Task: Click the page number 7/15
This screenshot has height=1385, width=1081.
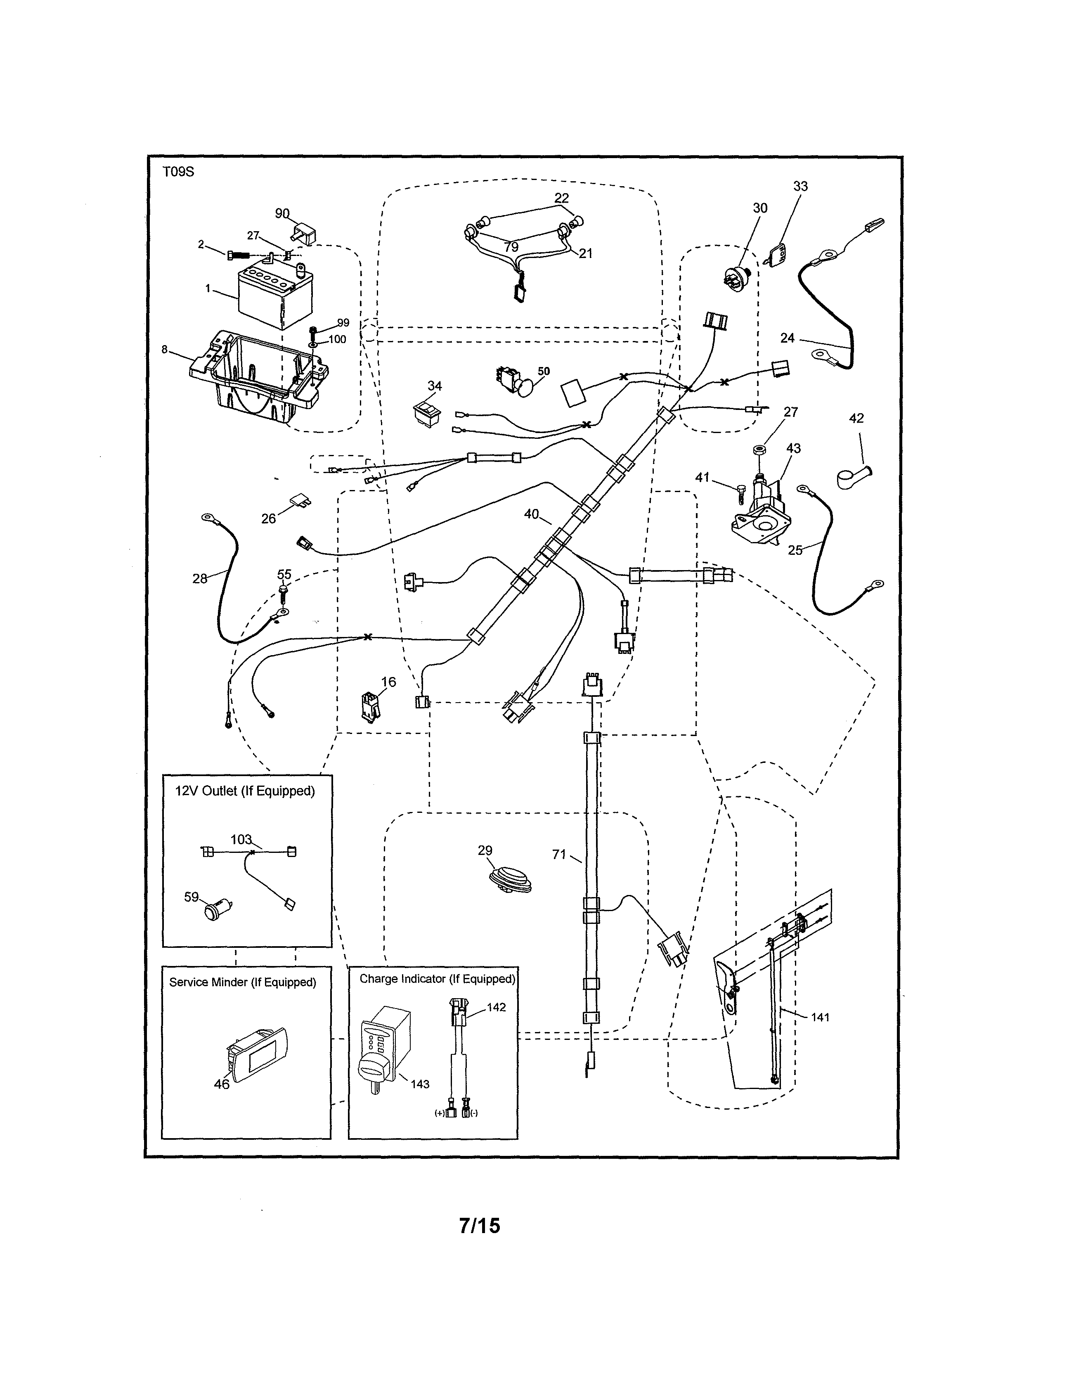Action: [479, 1226]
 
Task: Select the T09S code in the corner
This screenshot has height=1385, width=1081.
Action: [178, 172]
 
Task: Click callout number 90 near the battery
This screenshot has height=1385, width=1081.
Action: [282, 214]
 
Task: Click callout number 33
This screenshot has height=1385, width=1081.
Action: [800, 187]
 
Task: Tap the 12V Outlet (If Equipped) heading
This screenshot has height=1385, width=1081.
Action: [245, 791]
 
